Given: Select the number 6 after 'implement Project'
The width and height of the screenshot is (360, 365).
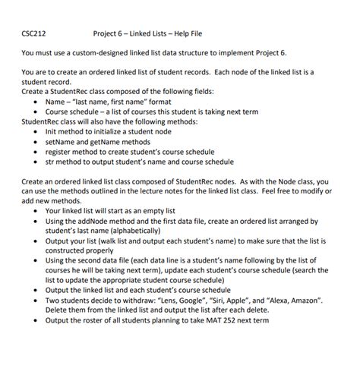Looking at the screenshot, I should (285, 53).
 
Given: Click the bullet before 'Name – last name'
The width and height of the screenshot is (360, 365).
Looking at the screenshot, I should (37, 101).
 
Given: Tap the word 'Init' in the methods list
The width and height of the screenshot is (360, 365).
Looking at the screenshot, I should (52, 131).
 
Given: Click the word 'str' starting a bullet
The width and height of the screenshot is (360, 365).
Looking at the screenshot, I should (50, 162).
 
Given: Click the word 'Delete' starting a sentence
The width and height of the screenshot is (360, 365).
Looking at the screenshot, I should (58, 310).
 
